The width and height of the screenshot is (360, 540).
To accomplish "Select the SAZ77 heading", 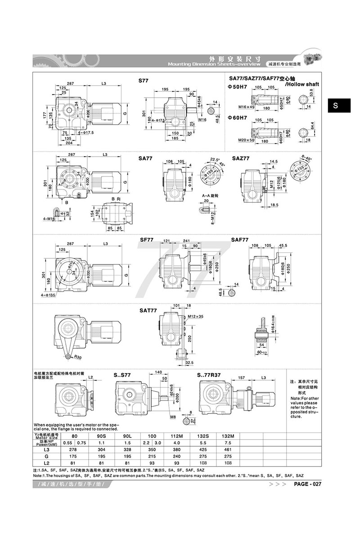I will click(x=241, y=158).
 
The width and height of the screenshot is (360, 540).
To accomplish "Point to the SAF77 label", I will click(x=239, y=240).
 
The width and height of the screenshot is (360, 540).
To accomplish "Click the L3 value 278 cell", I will click(x=74, y=449).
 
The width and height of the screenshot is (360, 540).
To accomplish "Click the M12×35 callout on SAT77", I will click(x=195, y=316).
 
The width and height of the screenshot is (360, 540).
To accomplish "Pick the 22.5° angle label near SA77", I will click(x=214, y=159).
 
